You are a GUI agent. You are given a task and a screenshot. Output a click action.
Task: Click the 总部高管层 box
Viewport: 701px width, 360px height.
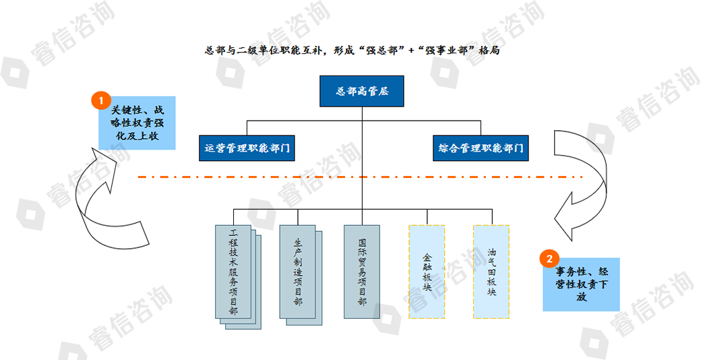pyautogui.click(x=362, y=92)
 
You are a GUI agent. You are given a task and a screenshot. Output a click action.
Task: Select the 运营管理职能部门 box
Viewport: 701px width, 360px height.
pyautogui.click(x=247, y=148)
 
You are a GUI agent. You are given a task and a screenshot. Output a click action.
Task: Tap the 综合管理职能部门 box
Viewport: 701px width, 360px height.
pyautogui.click(x=481, y=148)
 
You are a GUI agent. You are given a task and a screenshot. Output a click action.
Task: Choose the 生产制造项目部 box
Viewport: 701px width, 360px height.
pyautogui.click(x=297, y=272)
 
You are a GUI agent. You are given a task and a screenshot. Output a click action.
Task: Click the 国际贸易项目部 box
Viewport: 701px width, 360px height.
pyautogui.click(x=362, y=272)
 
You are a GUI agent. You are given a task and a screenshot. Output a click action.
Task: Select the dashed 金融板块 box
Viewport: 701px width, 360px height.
pyautogui.click(x=427, y=272)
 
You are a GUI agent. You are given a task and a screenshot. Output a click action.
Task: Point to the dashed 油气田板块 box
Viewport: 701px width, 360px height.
pyautogui.click(x=491, y=272)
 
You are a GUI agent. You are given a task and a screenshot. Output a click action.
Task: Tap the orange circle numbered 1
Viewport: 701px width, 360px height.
pyautogui.click(x=100, y=101)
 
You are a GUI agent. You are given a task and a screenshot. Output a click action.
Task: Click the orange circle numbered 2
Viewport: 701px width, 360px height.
pyautogui.click(x=550, y=258)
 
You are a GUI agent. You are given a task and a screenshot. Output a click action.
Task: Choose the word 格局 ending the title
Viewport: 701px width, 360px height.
pyautogui.click(x=490, y=51)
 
